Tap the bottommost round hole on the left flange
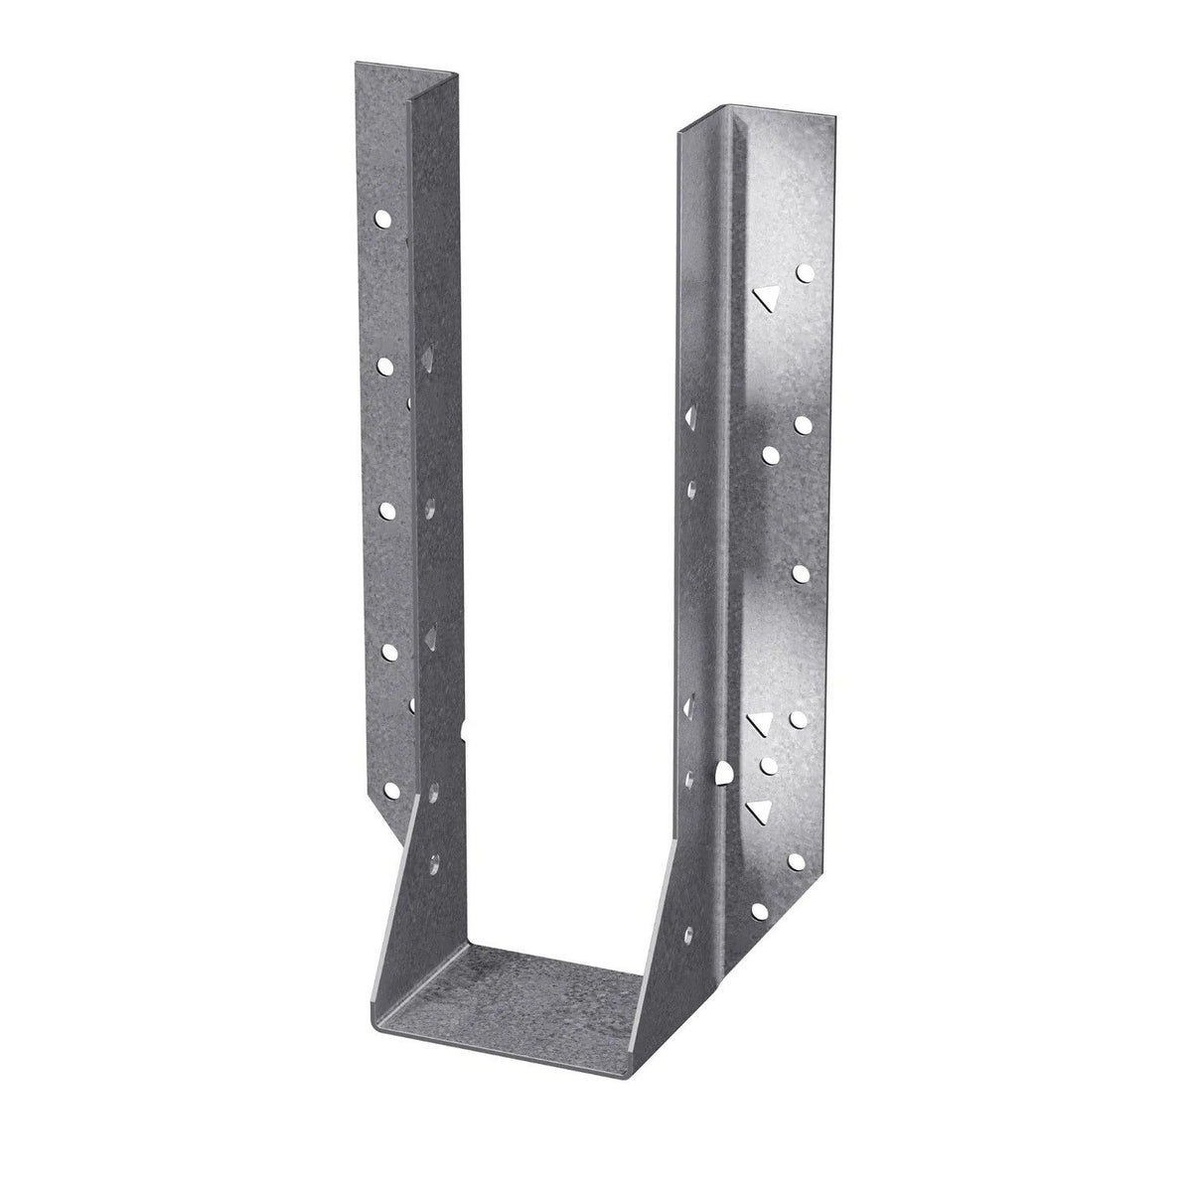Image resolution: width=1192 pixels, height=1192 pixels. click(x=388, y=653)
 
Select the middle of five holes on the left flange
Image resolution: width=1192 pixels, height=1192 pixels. click(x=387, y=510)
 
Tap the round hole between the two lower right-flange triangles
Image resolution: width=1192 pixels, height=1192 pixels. click(x=766, y=765)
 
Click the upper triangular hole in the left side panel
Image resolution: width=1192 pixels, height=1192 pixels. click(x=427, y=355)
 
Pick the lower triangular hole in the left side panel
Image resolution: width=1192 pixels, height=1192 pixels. click(x=432, y=633)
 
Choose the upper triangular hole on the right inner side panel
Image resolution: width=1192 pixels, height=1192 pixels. click(x=688, y=412)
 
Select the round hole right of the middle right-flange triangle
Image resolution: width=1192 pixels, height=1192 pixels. click(x=798, y=717)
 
